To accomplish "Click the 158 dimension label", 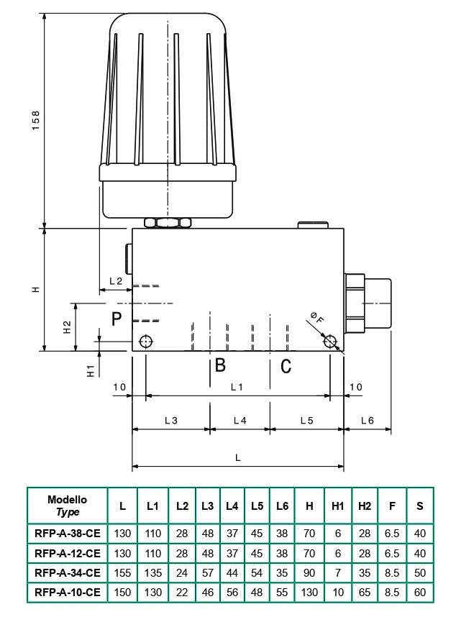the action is coord(36,120).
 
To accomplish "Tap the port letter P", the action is coord(117,319).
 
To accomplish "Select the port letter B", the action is coord(220,365).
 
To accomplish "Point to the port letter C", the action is coord(286,366).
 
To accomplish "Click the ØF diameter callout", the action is coord(316,317).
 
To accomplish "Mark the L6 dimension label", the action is coord(368,421).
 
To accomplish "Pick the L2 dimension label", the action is coord(116,281).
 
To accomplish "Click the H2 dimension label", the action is coord(68,327).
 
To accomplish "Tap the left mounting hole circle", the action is coord(146,341).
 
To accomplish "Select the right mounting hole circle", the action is coord(329,341).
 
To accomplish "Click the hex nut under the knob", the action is coord(168,223).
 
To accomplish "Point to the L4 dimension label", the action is coord(240,421).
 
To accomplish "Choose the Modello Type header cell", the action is coord(68,506).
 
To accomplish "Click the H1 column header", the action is coord(337,506).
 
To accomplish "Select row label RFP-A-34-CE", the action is coord(68,573).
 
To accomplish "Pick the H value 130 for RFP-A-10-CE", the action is coord(309,593).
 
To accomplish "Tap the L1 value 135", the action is coord(152,573).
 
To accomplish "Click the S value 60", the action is coord(420,593).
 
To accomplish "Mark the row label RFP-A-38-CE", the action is coord(68,533).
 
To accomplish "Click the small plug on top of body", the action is coord(313,225).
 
